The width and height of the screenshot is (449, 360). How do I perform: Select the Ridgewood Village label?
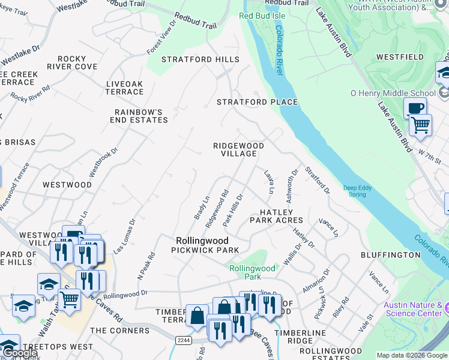click(x=238, y=149)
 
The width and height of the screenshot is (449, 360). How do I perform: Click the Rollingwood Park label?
click(x=252, y=272)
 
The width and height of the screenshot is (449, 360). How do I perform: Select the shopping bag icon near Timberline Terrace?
click(x=197, y=316)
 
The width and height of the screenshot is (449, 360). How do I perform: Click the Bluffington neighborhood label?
click(x=391, y=255)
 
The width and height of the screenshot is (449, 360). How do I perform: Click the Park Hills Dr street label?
click(x=232, y=209)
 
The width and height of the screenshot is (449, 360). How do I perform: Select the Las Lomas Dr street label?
click(x=128, y=232)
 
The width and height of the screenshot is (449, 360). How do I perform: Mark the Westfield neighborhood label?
click(x=400, y=57)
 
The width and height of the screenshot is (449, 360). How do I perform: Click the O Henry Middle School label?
click(x=393, y=93)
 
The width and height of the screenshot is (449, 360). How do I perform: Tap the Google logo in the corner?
click(x=19, y=353)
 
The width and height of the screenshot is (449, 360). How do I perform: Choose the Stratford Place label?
click(x=257, y=102)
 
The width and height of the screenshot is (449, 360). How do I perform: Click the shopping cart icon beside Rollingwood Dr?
click(x=69, y=299)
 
